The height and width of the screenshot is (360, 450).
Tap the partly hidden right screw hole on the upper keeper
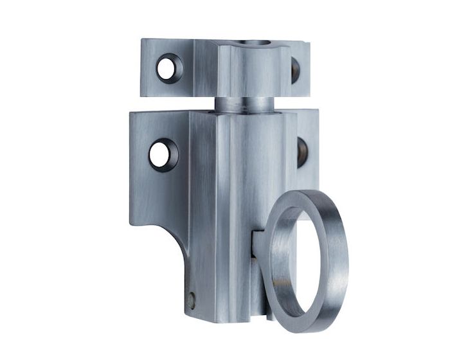click(296, 69)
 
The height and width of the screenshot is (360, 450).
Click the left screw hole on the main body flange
click(162, 154)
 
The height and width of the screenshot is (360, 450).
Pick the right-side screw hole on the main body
click(303, 152)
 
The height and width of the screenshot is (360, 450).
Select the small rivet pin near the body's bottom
click(192, 298)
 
